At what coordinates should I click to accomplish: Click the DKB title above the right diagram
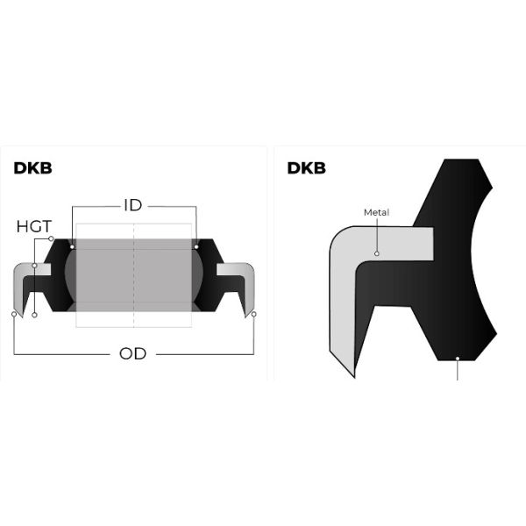point(306,167)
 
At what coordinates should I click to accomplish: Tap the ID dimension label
point(133,206)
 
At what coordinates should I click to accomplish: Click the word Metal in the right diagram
point(375,212)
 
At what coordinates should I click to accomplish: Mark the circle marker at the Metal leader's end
point(376,254)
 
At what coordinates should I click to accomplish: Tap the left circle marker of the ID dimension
point(72,247)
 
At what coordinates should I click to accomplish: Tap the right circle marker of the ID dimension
point(195,247)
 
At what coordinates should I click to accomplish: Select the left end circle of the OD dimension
point(15,314)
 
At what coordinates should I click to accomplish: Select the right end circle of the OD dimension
point(252,314)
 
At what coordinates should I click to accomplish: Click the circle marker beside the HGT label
point(52,239)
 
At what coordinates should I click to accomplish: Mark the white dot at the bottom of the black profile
point(459,357)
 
